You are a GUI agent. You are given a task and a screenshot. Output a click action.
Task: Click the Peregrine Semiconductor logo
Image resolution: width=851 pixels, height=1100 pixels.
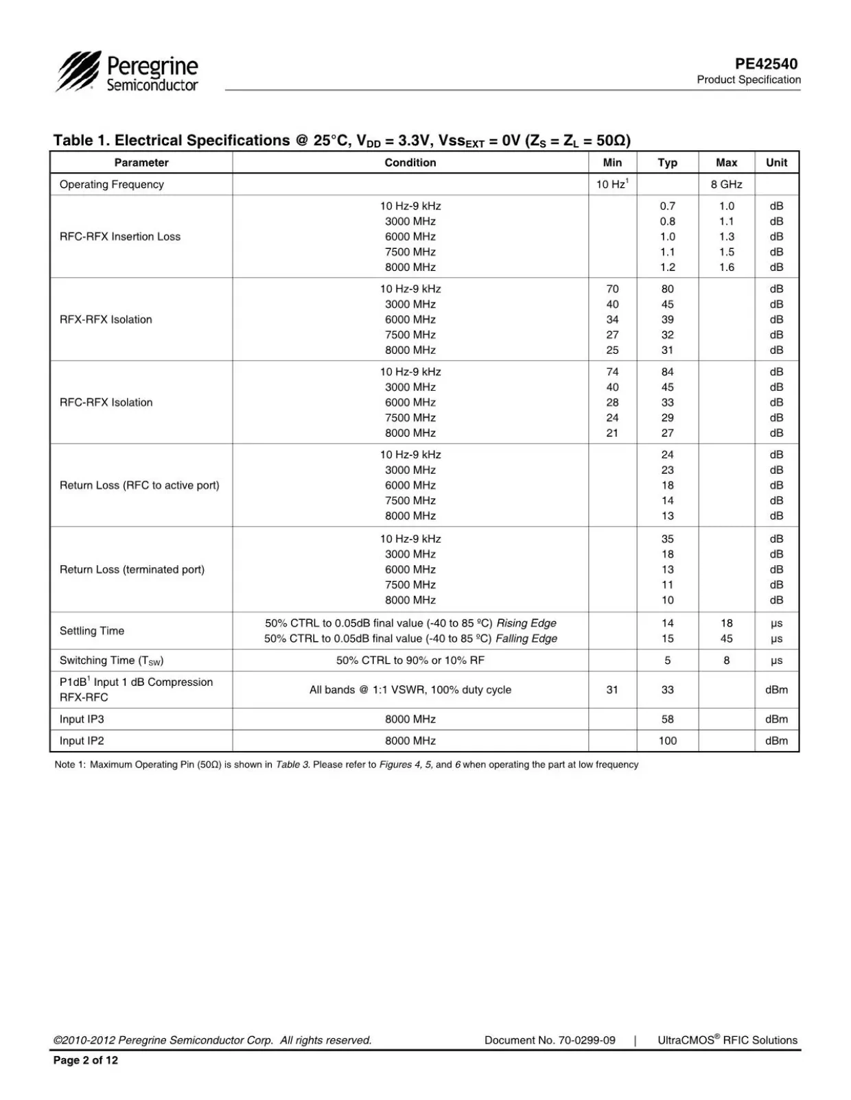coord(127,71)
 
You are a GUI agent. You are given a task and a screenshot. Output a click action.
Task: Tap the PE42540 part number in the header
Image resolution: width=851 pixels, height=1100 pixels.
coord(766,64)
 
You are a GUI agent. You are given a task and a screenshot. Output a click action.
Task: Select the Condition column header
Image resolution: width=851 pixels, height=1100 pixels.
coord(410,163)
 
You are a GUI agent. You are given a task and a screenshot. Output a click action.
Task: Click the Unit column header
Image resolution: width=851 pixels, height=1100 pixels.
coord(776,163)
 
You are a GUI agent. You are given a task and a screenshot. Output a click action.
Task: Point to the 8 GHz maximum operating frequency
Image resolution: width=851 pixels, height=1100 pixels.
coord(726,184)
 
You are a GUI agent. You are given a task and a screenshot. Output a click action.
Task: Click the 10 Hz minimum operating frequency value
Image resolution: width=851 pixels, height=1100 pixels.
coord(611,184)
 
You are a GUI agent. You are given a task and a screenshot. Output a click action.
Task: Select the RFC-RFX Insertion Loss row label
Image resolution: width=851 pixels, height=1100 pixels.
coord(120,237)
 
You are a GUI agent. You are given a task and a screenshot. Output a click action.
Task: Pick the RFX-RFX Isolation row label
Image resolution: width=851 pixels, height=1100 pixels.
coord(106,320)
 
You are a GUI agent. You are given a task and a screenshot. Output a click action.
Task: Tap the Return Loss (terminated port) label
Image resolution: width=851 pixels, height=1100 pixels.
coord(132,569)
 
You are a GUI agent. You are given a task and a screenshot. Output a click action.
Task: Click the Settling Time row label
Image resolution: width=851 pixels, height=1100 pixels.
coord(92,631)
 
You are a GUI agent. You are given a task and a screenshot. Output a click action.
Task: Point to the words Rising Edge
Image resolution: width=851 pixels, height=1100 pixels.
coord(526,623)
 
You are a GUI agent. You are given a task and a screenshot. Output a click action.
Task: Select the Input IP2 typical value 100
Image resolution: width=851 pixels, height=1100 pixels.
coord(667,741)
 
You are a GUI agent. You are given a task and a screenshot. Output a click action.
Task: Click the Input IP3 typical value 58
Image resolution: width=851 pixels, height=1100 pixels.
coord(667,719)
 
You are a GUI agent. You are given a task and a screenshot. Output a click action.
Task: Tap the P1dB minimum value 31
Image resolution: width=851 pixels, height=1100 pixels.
coord(612,690)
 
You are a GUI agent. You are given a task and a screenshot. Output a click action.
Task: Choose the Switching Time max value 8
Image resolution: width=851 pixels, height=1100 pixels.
coord(726,660)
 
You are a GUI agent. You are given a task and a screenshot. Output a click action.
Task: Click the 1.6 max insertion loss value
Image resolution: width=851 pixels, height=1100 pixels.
coord(726,267)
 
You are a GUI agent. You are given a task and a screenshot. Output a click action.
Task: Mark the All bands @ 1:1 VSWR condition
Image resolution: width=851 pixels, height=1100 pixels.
coord(410,690)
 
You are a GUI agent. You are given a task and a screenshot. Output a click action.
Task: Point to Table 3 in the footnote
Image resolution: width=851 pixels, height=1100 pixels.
coord(292,765)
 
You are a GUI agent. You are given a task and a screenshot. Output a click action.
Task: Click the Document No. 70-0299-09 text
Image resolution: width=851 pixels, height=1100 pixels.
coord(550,1040)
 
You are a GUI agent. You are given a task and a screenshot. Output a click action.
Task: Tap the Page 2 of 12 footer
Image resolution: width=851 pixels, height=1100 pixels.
coord(86,1060)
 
